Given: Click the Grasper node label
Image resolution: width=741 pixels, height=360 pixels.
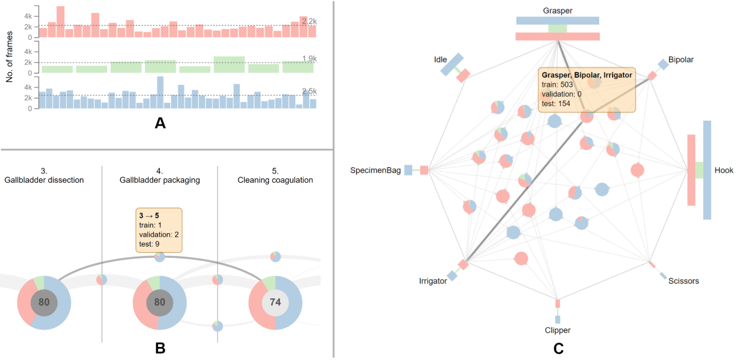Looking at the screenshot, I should tap(558, 11).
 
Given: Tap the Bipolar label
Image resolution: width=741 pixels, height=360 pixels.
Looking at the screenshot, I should tap(681, 59).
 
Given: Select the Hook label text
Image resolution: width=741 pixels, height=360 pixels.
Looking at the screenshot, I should tap(724, 170).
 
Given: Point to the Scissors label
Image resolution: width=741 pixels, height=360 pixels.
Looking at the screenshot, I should tap(684, 281).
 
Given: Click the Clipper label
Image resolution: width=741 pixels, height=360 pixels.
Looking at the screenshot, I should tap(558, 330).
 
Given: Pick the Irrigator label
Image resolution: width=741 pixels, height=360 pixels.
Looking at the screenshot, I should tap(433, 281).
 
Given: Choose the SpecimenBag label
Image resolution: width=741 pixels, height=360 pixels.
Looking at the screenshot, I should tap(376, 170).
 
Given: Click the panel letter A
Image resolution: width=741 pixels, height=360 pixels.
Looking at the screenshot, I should tap(160, 123).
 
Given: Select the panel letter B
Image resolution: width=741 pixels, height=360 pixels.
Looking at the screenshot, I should tap(160, 348).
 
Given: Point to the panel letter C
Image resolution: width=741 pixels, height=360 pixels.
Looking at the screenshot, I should tap(558, 348).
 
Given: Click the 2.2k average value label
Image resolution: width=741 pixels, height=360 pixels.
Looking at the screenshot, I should tap(309, 22).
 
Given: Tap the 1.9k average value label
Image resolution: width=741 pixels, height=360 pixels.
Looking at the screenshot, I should tap(309, 59).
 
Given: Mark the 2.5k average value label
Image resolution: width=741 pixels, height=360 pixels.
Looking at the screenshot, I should tap(309, 92).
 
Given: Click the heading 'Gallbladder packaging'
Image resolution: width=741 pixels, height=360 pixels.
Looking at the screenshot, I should tap(160, 180).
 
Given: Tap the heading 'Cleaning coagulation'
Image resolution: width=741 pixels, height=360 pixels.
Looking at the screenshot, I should tap(275, 180).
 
